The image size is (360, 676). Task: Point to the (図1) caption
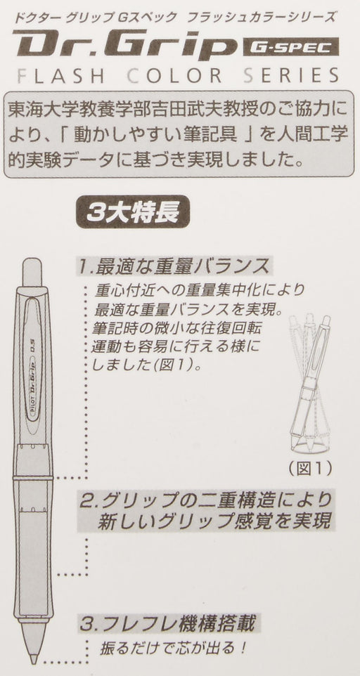[310, 467]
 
